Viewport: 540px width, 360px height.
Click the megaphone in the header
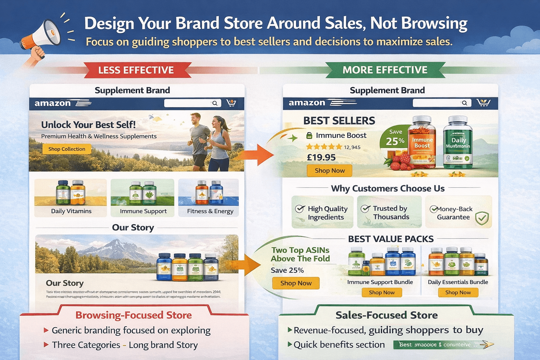(41, 35)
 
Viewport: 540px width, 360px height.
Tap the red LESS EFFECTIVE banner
(136, 70)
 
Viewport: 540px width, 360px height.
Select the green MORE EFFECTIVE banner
(385, 70)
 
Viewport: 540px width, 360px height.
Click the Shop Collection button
(67, 149)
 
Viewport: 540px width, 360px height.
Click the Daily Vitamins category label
(71, 211)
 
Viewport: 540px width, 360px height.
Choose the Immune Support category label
(143, 211)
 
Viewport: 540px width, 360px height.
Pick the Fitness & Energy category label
(210, 211)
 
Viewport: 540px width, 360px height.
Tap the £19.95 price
(321, 157)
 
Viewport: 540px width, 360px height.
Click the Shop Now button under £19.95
(329, 171)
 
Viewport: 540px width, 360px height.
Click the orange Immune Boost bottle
(422, 142)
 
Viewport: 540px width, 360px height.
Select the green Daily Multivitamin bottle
(458, 142)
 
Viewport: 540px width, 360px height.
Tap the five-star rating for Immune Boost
(324, 147)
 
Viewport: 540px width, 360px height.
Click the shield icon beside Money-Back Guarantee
(482, 218)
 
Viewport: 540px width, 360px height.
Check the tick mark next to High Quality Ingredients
(300, 209)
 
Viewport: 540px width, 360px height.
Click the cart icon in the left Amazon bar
(231, 103)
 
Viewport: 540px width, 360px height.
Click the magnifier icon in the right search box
(464, 103)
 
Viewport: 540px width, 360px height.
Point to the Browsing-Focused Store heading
(134, 315)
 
